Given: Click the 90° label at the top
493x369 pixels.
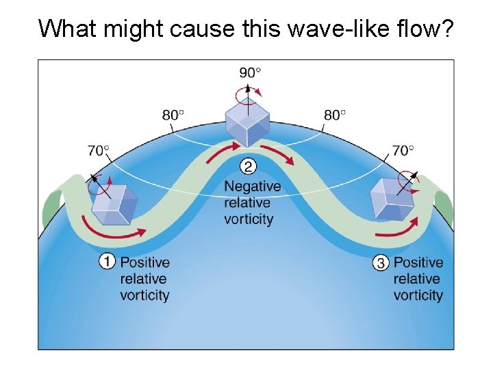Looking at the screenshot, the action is (250, 72).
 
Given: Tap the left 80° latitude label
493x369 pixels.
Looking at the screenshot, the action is (173, 115).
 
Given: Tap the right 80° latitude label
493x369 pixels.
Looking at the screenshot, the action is (335, 115).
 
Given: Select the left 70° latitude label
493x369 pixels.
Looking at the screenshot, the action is (99, 150).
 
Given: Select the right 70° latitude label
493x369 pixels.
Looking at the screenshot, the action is (403, 150).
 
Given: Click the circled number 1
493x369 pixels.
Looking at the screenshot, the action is (108, 262).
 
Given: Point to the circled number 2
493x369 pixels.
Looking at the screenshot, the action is (249, 166).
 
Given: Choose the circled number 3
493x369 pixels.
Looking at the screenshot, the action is (381, 262).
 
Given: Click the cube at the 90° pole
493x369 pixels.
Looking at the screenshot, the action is (248, 122).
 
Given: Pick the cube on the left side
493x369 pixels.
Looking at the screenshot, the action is (115, 204).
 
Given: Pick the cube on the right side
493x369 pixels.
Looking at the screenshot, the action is (391, 198).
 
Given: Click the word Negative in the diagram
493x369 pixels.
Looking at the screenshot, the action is (253, 187).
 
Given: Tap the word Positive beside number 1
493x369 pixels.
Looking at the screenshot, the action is (144, 262).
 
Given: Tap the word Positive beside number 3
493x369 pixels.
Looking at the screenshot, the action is (418, 262).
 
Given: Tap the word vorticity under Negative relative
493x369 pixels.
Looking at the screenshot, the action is (249, 219).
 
